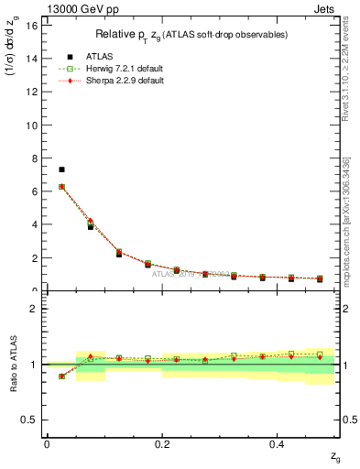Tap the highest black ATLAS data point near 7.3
(61, 169)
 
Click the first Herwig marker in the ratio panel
(61, 376)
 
